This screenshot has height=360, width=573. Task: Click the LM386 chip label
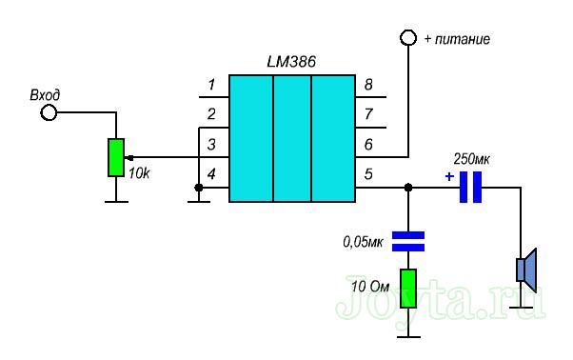click(x=291, y=62)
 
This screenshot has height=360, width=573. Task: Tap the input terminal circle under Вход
click(x=49, y=112)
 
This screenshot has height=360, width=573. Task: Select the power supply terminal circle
click(x=408, y=38)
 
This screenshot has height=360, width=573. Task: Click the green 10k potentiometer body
click(x=116, y=157)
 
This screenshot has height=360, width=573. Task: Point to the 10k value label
click(x=139, y=173)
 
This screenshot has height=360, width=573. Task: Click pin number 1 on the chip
click(x=211, y=85)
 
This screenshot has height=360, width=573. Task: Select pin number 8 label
click(x=368, y=85)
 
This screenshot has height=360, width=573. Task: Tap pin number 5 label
click(x=368, y=174)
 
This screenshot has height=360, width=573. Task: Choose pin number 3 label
click(x=211, y=145)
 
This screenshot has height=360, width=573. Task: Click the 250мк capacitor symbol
click(x=470, y=187)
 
